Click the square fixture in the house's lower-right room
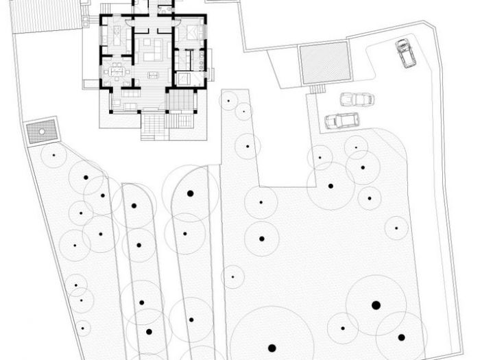pos(184,78)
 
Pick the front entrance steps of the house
pos(154,125)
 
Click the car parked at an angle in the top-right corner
pos(406,53)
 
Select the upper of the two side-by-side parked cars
pos(357,99)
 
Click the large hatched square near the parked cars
pos(325,63)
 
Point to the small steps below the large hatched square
pos(317,88)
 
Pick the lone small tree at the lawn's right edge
pos(396,228)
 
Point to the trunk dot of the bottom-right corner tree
pos(401,337)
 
